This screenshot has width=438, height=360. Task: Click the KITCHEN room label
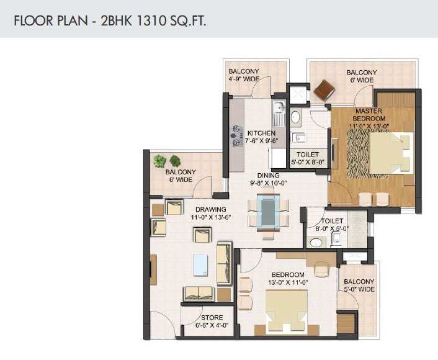point(261,133)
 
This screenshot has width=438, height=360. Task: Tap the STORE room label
point(212,318)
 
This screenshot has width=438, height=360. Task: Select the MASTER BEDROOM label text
point(369,115)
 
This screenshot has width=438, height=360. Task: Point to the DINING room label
point(268,175)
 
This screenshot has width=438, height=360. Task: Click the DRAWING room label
point(211,209)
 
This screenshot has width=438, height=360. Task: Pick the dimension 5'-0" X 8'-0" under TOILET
point(308,161)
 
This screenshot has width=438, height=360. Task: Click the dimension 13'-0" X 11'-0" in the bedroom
point(288,282)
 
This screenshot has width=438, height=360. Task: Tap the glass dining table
point(268,213)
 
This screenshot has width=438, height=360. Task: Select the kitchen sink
point(279,113)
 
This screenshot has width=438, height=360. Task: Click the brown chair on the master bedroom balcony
point(324,90)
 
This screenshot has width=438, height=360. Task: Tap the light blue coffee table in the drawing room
point(200,265)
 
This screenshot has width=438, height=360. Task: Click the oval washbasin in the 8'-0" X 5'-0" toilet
point(316,242)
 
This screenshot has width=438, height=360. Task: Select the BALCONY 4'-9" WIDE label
point(244,75)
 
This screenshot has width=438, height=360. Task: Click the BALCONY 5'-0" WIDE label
point(359,286)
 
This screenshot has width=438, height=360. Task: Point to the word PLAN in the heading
point(73,21)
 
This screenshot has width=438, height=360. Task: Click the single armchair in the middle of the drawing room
point(202,235)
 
